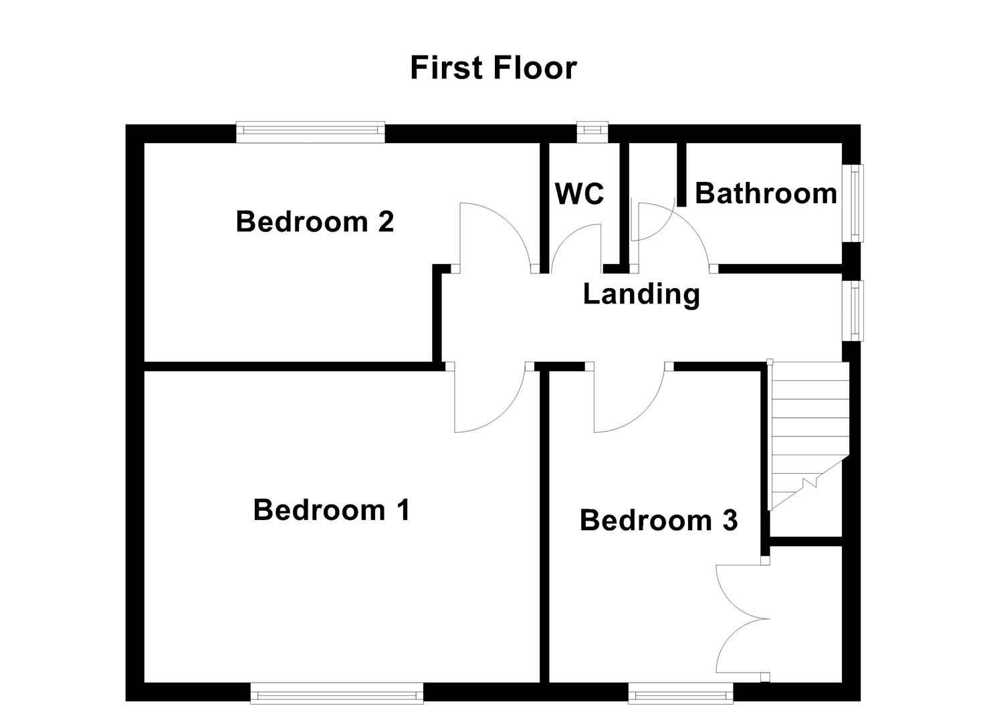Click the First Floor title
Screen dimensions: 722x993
click(x=493, y=68)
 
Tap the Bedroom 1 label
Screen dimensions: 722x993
click(x=331, y=510)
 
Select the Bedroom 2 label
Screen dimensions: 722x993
click(x=314, y=221)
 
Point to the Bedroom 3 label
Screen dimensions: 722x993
click(x=658, y=520)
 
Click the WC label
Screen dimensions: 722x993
click(x=579, y=194)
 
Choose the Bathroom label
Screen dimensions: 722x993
click(x=766, y=193)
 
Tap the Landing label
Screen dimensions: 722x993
click(x=641, y=293)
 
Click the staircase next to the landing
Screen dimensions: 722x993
click(x=808, y=435)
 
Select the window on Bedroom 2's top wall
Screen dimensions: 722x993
click(x=311, y=132)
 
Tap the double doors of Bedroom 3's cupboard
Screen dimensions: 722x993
click(x=739, y=618)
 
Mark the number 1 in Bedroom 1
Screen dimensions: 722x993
click(x=402, y=510)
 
